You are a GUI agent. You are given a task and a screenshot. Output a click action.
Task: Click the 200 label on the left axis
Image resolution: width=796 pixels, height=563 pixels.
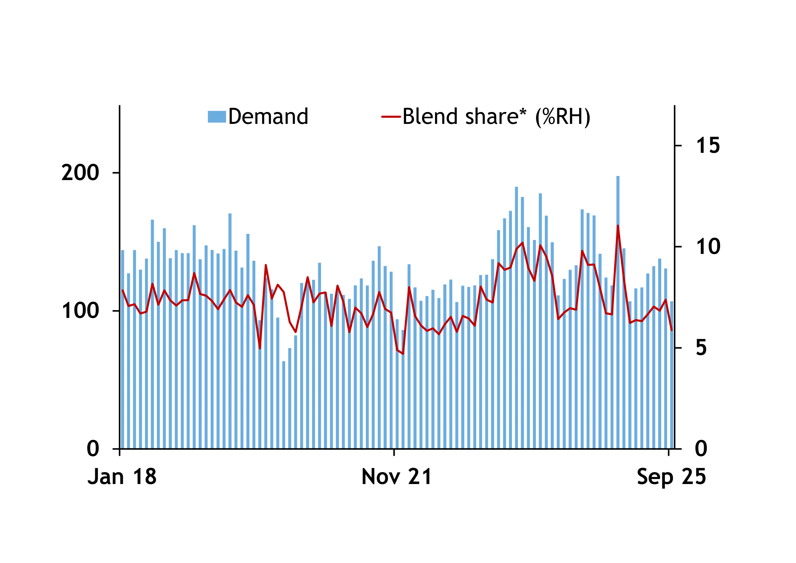click(80, 173)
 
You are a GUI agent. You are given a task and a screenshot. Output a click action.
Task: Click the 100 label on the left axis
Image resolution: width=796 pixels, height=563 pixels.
click(80, 311)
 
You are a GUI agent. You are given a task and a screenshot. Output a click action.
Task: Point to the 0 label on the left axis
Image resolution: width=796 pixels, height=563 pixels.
click(93, 449)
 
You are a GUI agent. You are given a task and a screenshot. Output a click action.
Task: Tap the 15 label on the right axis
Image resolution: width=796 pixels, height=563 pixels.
click(708, 146)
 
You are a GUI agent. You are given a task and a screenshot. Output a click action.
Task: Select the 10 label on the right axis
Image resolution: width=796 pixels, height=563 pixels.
click(708, 247)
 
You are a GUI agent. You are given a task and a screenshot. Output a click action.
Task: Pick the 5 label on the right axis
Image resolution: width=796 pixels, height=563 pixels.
click(701, 348)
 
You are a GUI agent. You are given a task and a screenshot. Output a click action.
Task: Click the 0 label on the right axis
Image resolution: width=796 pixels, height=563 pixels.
click(701, 449)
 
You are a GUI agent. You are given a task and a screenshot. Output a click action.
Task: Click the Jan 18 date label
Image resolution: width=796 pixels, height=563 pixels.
click(122, 477)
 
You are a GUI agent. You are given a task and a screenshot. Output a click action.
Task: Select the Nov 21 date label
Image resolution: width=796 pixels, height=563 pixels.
click(396, 477)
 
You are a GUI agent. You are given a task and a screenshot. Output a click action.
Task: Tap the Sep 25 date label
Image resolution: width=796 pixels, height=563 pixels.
click(671, 477)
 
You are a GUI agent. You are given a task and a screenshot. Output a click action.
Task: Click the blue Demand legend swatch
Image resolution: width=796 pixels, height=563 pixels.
click(217, 117)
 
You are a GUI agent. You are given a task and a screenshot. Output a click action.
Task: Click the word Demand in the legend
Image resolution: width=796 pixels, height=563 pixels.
click(268, 116)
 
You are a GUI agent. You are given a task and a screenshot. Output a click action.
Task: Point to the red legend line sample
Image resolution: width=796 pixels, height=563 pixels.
click(391, 117)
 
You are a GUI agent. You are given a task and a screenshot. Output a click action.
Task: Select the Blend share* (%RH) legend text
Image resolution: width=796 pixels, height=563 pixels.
click(496, 116)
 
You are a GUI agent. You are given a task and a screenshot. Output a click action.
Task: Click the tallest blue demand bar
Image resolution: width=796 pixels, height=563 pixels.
click(618, 312)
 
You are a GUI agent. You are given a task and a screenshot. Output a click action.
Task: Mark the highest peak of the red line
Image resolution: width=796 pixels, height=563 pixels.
click(618, 226)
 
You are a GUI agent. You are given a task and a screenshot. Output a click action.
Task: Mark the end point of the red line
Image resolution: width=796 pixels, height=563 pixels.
click(671, 330)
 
